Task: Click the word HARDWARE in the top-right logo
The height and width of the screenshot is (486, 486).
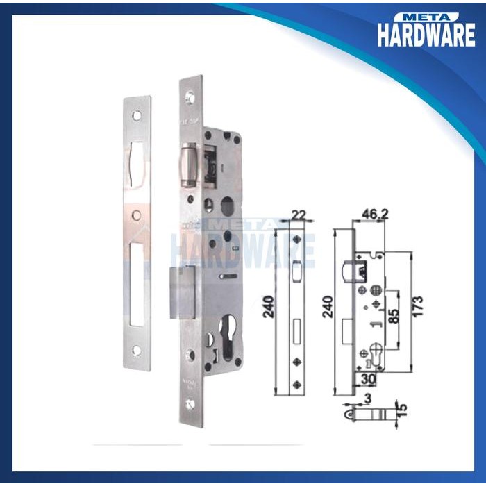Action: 426,35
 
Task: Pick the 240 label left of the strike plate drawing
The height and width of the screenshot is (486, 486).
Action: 269,305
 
